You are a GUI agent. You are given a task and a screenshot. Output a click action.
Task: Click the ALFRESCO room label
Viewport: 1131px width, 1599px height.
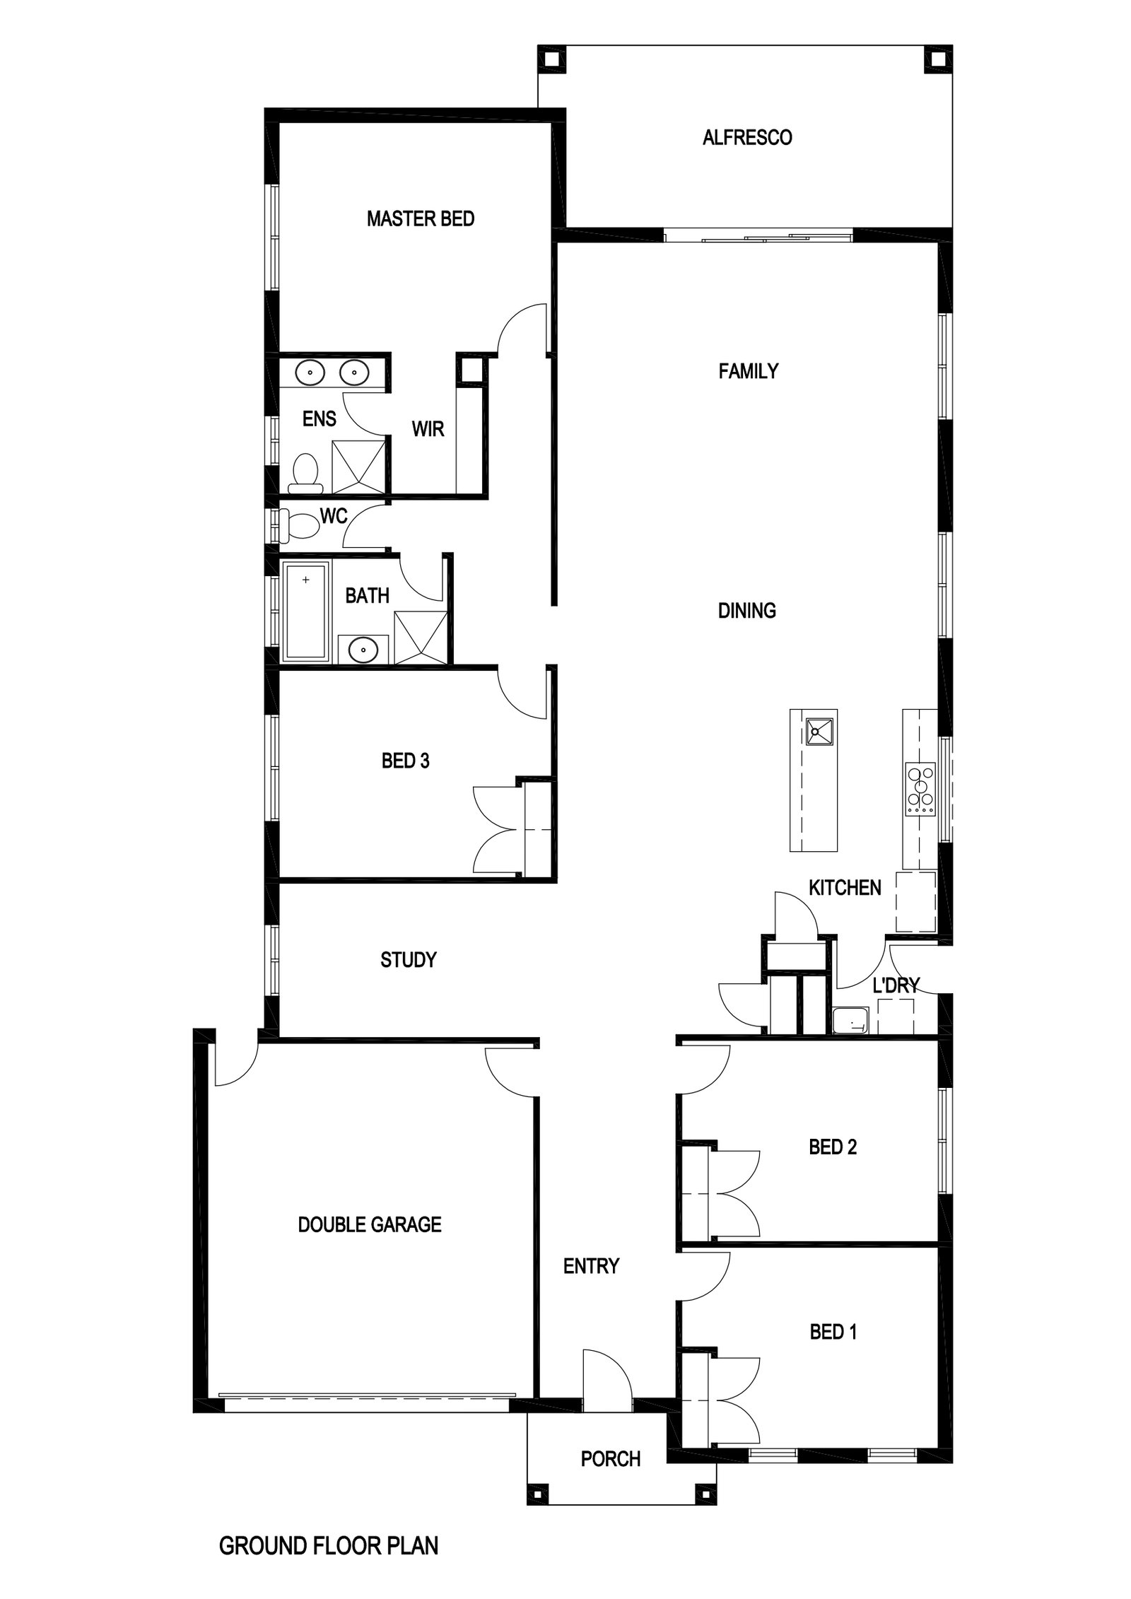[x=746, y=137]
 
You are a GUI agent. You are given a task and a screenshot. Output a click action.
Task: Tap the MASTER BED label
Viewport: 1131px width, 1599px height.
[x=420, y=218]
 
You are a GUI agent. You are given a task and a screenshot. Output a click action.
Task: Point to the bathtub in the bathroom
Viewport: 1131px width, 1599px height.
[x=305, y=611]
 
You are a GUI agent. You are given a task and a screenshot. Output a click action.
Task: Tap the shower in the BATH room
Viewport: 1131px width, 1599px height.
[x=421, y=638]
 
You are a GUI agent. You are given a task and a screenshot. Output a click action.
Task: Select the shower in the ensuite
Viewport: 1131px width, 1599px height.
[x=359, y=466]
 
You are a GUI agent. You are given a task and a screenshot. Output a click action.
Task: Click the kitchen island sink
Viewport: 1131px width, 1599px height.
[x=819, y=731]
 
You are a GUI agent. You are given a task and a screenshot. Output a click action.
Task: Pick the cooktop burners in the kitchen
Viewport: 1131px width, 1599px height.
[x=920, y=787]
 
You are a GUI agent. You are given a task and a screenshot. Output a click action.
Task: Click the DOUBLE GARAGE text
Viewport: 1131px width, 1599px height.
[x=370, y=1224]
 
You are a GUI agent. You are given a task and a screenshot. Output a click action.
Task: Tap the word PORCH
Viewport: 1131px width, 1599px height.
[x=611, y=1458]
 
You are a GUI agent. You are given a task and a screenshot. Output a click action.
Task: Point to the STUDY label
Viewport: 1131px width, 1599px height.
[x=408, y=959]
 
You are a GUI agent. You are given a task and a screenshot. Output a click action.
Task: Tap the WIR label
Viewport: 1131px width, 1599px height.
[x=428, y=428]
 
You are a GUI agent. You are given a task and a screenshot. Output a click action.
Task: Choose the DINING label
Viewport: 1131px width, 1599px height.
[x=746, y=610]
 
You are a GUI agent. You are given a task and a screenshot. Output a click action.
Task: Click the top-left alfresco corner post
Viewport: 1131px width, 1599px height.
[x=552, y=59]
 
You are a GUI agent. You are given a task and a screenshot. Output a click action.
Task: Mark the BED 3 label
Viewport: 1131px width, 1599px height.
[x=405, y=761]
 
